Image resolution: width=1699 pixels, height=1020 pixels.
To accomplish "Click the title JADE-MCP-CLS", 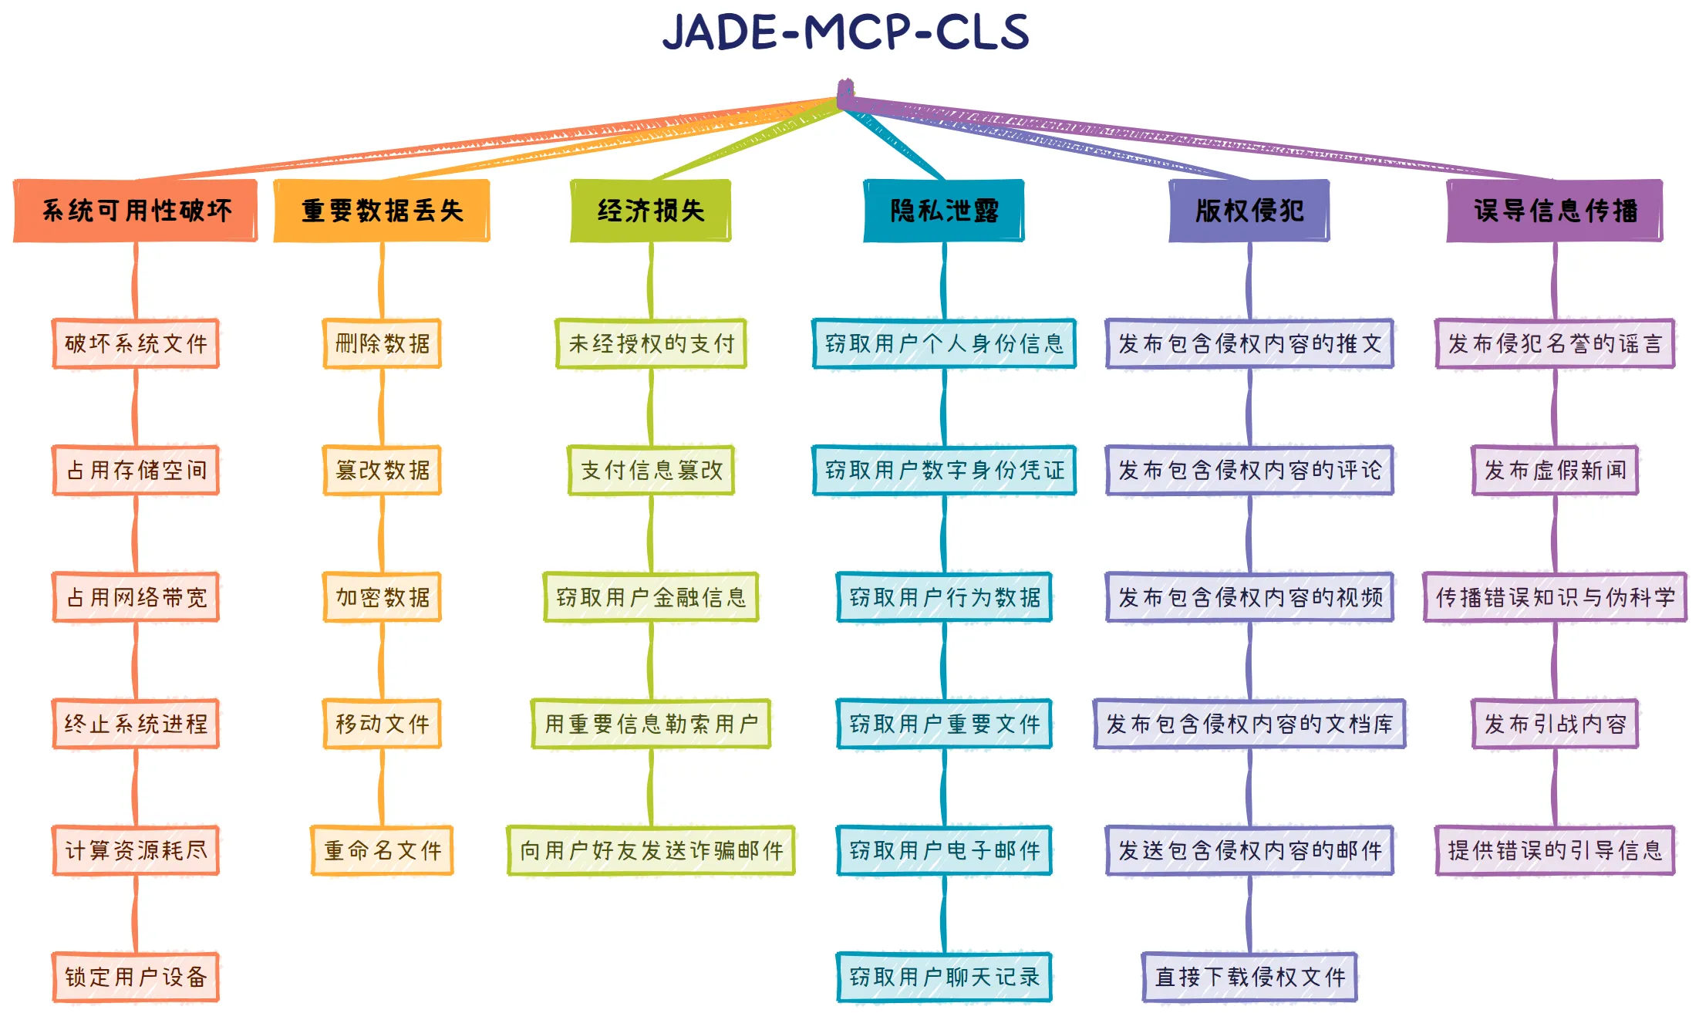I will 846,33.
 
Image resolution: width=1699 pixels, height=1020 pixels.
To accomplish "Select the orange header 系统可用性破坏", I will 136,211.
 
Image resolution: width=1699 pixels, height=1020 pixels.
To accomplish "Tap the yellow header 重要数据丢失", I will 382,211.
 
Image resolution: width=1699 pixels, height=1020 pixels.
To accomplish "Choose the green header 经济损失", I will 650,211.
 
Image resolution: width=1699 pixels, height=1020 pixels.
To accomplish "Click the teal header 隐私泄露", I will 943,211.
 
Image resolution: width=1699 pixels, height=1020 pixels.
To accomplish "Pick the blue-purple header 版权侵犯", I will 1249,211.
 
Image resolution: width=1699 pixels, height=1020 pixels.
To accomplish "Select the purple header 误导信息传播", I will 1554,211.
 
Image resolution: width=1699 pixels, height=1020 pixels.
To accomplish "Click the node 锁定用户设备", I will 136,977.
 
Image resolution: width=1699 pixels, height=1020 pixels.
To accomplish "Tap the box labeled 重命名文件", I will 382,850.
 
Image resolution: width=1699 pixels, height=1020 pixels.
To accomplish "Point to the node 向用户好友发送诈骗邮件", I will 650,850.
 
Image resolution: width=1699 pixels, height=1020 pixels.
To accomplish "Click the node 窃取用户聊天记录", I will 943,977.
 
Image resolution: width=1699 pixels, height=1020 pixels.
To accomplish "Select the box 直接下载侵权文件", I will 1249,977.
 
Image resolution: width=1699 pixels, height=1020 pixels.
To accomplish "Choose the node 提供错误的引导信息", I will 1554,850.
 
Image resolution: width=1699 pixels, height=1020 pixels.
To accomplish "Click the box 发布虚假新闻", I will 1554,470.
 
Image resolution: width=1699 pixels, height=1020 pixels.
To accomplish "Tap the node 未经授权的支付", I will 650,343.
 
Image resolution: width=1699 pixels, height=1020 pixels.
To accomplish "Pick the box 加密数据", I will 382,597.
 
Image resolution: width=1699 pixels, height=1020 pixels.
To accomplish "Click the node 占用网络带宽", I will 136,597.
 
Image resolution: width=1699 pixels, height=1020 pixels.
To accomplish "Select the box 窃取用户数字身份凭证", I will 943,470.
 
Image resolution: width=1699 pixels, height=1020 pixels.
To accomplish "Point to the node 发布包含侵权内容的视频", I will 1249,597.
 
